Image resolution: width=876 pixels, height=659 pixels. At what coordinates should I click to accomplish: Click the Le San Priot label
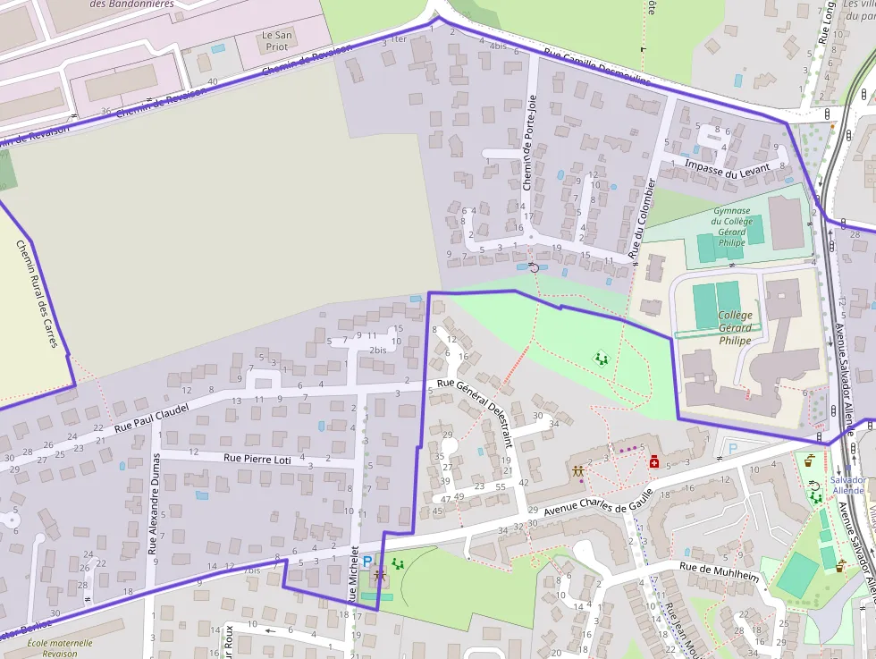[277, 41]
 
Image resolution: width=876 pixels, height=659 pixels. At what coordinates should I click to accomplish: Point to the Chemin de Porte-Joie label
[529, 143]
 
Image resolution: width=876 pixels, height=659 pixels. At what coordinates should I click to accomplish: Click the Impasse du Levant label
[725, 166]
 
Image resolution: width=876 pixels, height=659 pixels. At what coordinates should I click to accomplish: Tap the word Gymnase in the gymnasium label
[732, 209]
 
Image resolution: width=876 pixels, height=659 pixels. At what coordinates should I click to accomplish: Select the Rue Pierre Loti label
[257, 458]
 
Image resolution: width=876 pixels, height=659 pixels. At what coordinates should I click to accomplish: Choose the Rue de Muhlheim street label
[719, 571]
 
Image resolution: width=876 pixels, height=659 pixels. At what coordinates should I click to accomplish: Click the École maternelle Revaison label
[59, 648]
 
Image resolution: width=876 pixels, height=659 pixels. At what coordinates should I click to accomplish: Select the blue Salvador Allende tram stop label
[847, 485]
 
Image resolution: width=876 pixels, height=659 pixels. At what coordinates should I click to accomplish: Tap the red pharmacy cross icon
[654, 462]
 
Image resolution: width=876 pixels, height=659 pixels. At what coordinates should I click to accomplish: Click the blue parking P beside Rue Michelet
[367, 562]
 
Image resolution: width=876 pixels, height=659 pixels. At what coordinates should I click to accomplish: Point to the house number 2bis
[378, 351]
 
